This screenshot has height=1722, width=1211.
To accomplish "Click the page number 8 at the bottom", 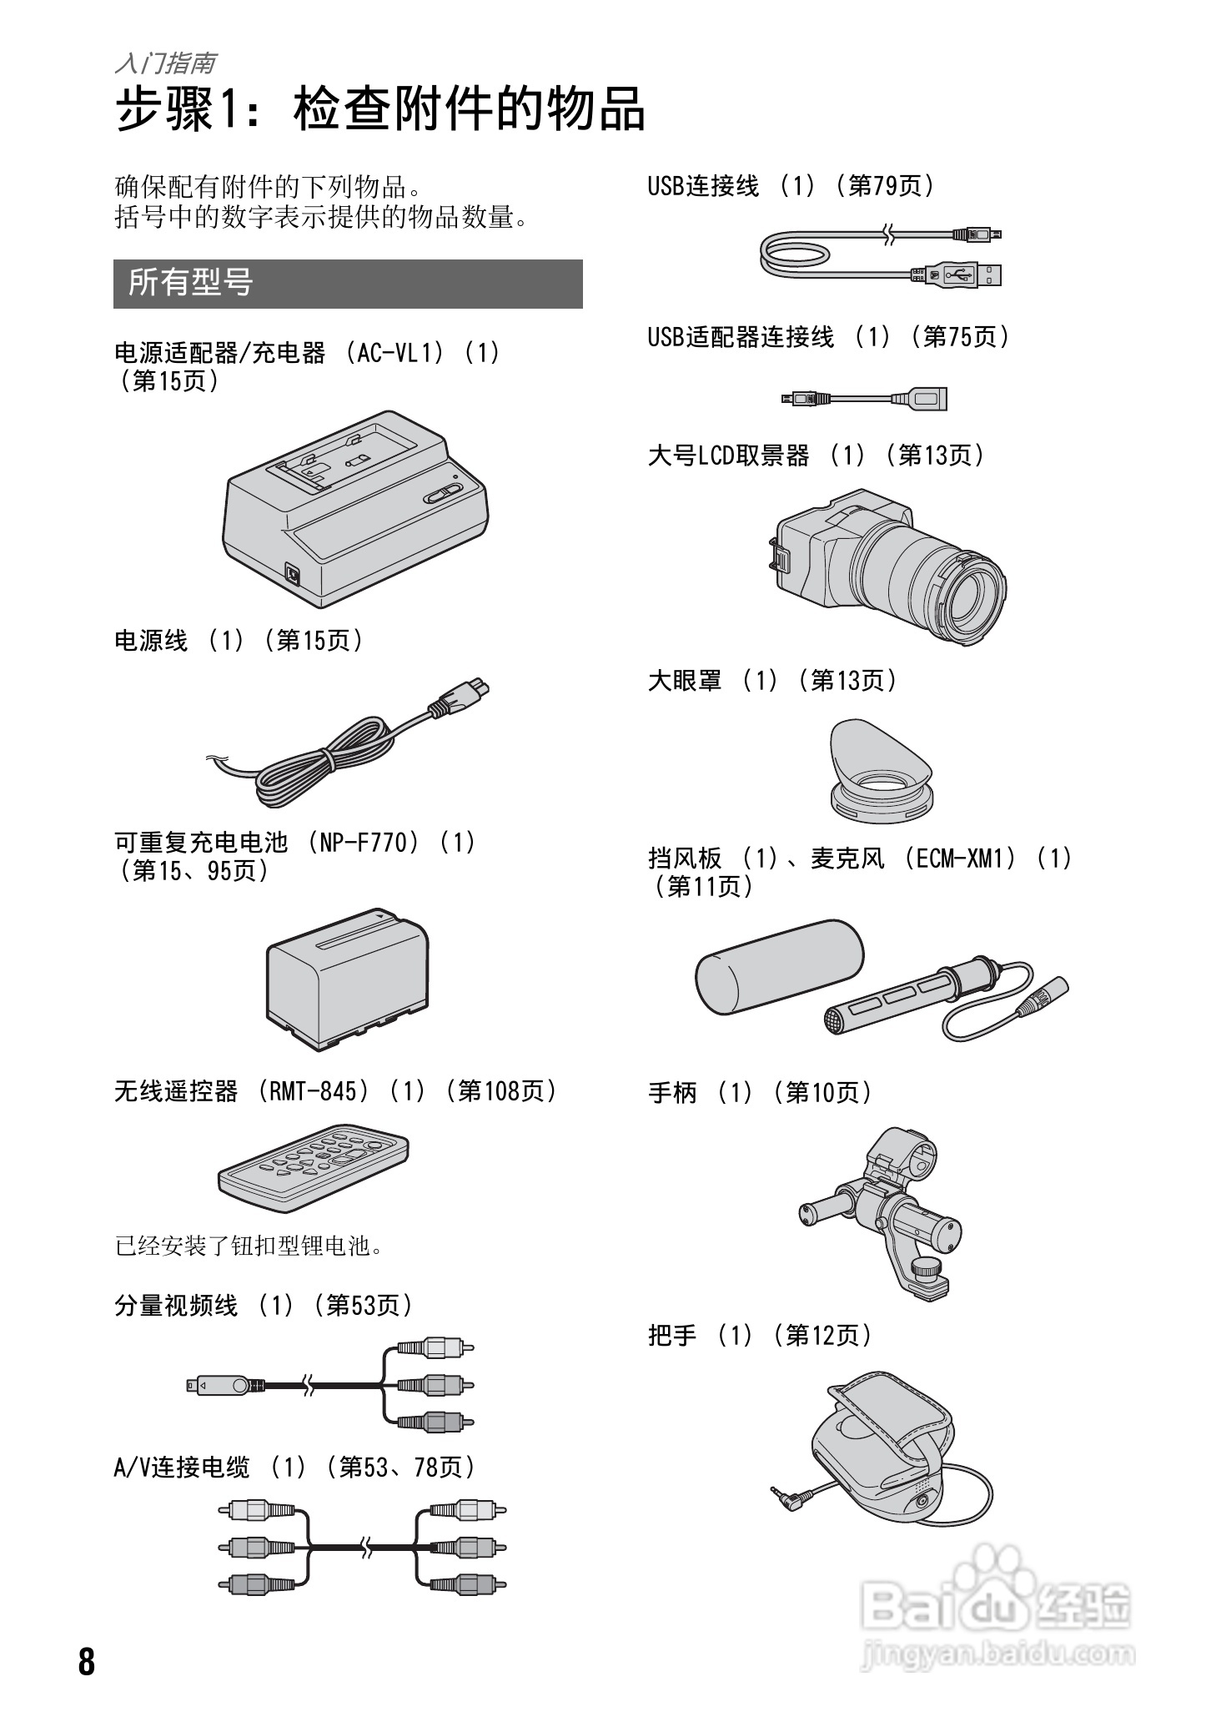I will [87, 1661].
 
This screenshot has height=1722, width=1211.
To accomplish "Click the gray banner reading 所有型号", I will [347, 284].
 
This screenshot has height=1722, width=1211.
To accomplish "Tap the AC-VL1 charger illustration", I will [354, 508].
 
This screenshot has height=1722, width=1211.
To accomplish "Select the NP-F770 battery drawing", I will [347, 977].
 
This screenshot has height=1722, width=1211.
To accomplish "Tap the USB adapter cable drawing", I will [865, 399].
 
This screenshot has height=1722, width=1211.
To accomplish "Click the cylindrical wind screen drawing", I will [779, 966].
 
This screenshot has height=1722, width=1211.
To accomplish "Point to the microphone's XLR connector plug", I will [1043, 997].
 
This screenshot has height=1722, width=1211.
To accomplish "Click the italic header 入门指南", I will [165, 63].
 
